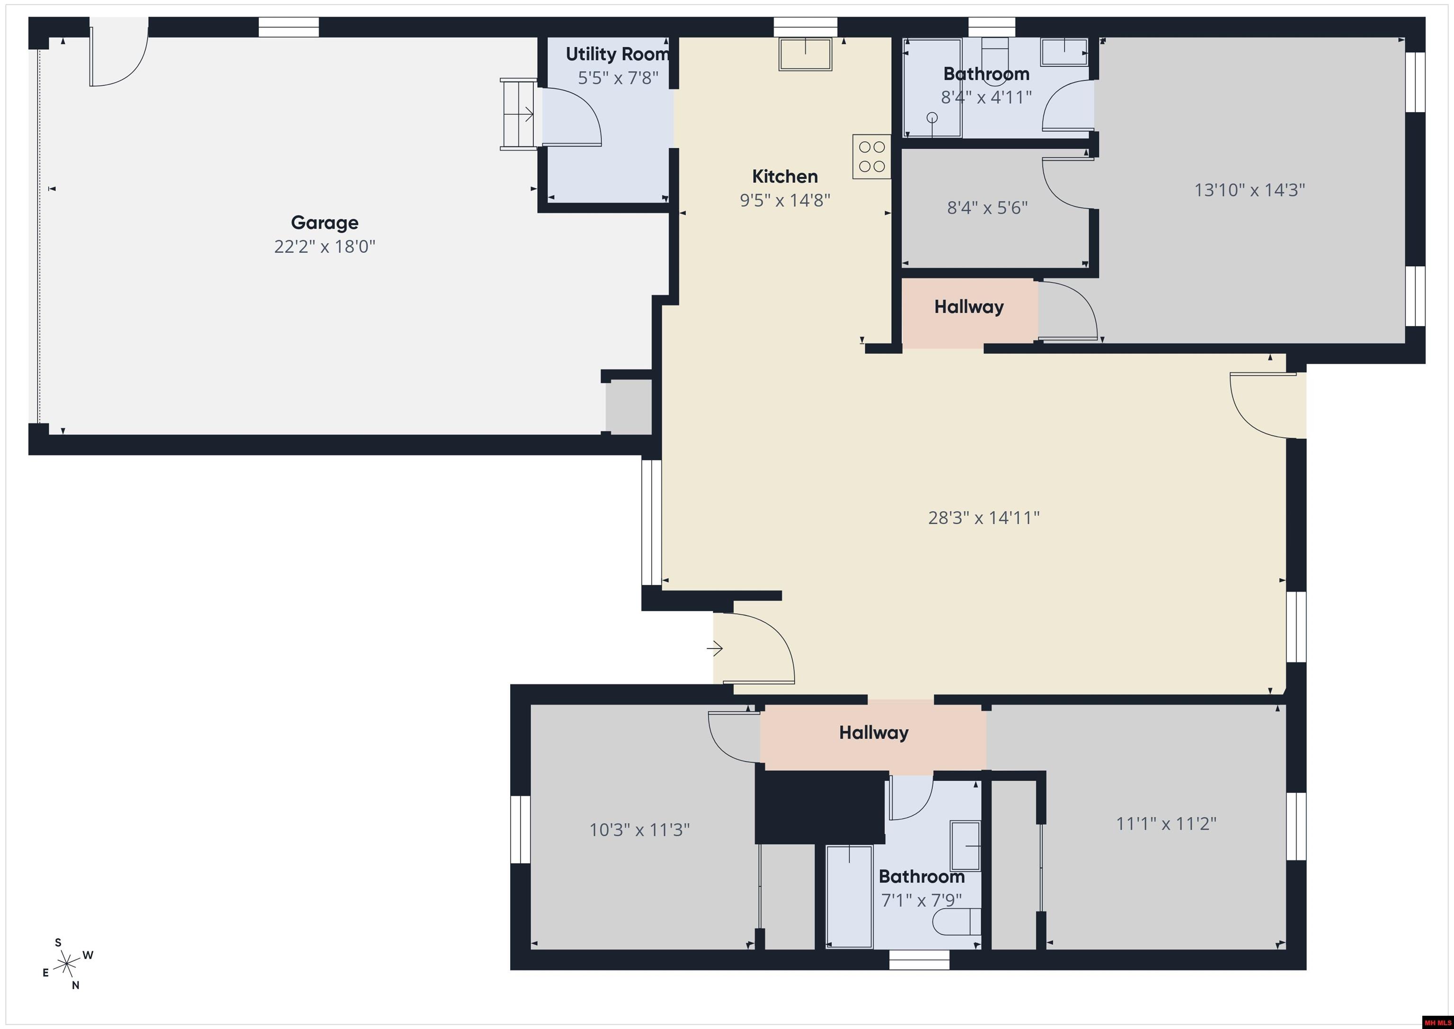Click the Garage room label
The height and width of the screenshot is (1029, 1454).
tap(324, 223)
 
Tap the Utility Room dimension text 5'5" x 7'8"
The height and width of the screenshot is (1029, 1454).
tap(618, 78)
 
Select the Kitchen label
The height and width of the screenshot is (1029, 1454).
tap(785, 176)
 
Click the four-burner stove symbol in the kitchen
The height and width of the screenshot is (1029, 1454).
tap(871, 156)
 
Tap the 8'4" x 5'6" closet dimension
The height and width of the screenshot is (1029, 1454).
tap(987, 208)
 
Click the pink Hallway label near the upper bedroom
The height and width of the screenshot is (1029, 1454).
tap(969, 307)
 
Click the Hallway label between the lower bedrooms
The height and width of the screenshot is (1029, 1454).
tap(873, 733)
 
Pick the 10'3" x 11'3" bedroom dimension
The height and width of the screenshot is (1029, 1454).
tap(639, 830)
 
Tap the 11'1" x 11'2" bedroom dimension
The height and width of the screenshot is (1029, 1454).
tap(1166, 823)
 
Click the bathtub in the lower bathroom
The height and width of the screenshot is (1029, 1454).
tap(849, 896)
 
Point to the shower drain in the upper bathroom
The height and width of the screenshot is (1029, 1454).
tap(932, 117)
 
